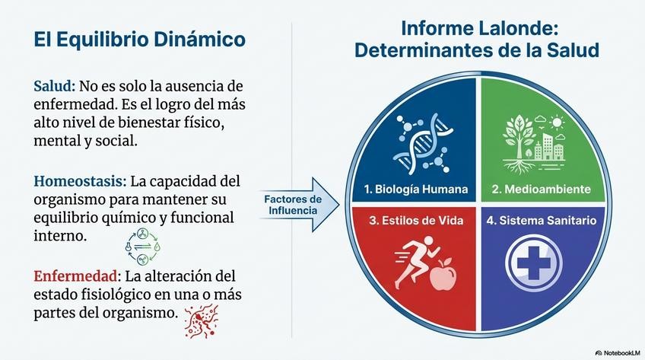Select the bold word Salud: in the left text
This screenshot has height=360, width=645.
click(x=54, y=85)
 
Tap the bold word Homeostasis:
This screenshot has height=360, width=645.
click(x=80, y=182)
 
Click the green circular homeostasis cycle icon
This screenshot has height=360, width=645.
click(x=144, y=247)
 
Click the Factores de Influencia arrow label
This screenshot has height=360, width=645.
click(x=292, y=205)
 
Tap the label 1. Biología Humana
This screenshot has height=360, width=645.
click(x=416, y=189)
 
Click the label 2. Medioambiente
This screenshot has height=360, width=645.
click(x=541, y=189)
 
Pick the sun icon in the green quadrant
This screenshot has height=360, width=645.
click(x=558, y=122)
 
